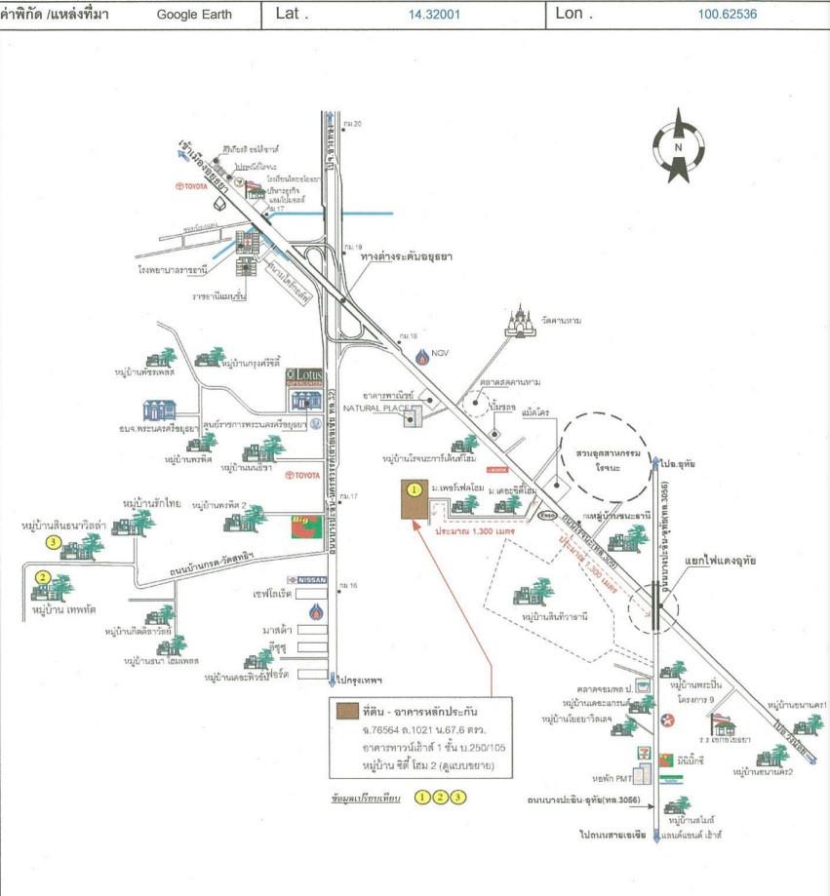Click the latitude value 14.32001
click(x=434, y=15)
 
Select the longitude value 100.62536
click(x=728, y=15)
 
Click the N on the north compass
click(x=678, y=147)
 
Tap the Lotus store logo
click(x=304, y=376)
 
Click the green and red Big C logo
click(x=304, y=527)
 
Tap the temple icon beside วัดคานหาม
click(x=521, y=321)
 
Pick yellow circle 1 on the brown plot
click(x=414, y=488)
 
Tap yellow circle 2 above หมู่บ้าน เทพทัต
click(x=42, y=577)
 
